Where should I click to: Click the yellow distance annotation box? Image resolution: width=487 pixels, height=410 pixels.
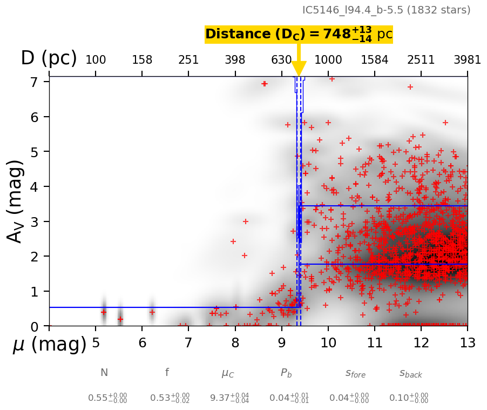(x=299, y=34)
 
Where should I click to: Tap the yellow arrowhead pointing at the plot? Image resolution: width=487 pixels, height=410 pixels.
(x=299, y=69)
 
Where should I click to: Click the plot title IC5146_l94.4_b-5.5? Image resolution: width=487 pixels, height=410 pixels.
(x=386, y=10)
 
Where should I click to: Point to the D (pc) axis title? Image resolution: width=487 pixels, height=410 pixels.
(x=49, y=58)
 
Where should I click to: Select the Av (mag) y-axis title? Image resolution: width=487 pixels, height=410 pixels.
(x=15, y=201)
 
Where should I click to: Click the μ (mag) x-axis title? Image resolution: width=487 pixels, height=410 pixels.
(x=50, y=345)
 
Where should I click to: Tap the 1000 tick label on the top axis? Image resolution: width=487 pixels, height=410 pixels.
(x=328, y=60)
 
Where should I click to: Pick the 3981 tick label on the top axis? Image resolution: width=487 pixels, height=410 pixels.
(x=467, y=60)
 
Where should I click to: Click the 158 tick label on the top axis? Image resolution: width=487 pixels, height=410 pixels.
(x=142, y=60)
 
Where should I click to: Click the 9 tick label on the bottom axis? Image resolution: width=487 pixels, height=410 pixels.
(x=281, y=343)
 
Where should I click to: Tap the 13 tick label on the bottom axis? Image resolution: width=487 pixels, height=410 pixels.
(x=467, y=343)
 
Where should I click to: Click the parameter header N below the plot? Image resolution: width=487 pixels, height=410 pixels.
(x=104, y=373)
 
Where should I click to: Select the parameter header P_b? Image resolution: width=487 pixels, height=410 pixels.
(x=286, y=373)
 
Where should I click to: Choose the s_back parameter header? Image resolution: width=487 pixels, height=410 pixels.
(x=411, y=373)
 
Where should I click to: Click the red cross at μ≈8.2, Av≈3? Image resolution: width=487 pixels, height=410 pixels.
(x=245, y=221)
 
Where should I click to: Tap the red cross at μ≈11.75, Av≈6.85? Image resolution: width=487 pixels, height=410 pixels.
(x=410, y=87)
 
